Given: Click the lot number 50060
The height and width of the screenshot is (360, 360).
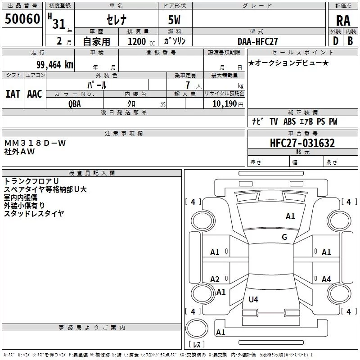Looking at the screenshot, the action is [22, 19].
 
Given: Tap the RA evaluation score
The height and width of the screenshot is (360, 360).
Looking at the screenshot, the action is [343, 21].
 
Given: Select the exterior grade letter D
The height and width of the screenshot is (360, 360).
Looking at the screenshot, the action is [336, 41].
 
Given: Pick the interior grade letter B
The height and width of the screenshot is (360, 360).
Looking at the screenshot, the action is [350, 41].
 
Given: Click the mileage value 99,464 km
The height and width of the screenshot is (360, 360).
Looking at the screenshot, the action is [55, 65].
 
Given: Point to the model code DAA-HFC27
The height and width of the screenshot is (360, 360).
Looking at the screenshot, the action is [257, 41].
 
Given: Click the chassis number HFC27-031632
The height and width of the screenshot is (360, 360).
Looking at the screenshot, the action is [302, 143].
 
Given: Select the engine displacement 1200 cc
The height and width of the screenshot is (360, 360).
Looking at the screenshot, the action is [141, 42].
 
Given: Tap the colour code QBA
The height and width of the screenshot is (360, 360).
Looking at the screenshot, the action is [75, 104].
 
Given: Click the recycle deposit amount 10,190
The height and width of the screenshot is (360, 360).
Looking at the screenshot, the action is [225, 104].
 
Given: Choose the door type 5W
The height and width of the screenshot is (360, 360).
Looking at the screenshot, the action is [174, 20].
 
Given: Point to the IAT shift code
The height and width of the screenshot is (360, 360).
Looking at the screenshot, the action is [13, 94].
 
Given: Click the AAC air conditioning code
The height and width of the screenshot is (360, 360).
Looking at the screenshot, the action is [35, 94].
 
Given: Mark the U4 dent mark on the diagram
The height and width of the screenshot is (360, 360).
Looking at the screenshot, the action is [253, 299].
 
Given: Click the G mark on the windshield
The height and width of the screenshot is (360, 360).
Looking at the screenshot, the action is [284, 237].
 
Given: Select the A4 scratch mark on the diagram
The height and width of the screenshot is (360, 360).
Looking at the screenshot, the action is [326, 279].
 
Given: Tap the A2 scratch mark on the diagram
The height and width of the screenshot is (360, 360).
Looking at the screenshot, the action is [215, 279].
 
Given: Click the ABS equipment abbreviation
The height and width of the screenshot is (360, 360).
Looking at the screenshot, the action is [289, 121].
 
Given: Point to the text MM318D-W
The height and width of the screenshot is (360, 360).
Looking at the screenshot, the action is [35, 143].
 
